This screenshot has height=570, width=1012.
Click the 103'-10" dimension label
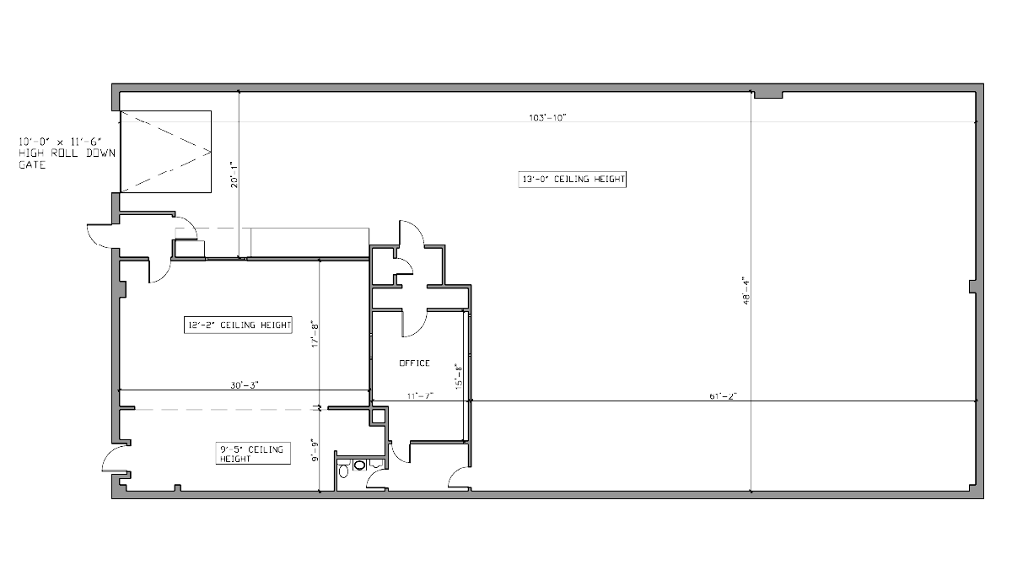pyautogui.click(x=547, y=118)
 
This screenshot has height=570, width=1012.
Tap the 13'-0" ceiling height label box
pyautogui.click(x=572, y=180)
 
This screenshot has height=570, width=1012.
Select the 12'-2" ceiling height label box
pyautogui.click(x=238, y=325)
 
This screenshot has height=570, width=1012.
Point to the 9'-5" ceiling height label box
pyautogui.click(x=253, y=454)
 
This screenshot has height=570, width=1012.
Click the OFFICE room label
pyautogui.click(x=414, y=363)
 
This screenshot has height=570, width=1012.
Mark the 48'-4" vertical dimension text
pyautogui.click(x=746, y=291)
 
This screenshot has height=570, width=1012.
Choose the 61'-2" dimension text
pyautogui.click(x=724, y=396)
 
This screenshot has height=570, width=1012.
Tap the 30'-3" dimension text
pyautogui.click(x=245, y=385)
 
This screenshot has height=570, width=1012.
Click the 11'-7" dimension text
pyautogui.click(x=420, y=396)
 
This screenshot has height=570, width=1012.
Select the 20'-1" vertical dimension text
pyautogui.click(x=234, y=175)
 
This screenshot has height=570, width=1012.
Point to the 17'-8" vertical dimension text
pyautogui.click(x=315, y=334)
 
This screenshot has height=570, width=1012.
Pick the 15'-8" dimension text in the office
pyautogui.click(x=459, y=377)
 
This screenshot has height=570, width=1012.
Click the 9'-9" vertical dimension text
pyautogui.click(x=315, y=450)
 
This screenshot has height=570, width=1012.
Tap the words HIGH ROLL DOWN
pyautogui.click(x=67, y=153)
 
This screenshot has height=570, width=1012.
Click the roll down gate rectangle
pyautogui.click(x=166, y=152)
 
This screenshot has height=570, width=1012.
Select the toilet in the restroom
pyautogui.click(x=344, y=471)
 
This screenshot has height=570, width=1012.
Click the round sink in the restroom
pyautogui.click(x=359, y=465)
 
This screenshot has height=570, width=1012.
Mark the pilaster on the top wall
pyautogui.click(x=768, y=94)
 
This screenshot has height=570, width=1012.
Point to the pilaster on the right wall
pyautogui.click(x=972, y=287)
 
